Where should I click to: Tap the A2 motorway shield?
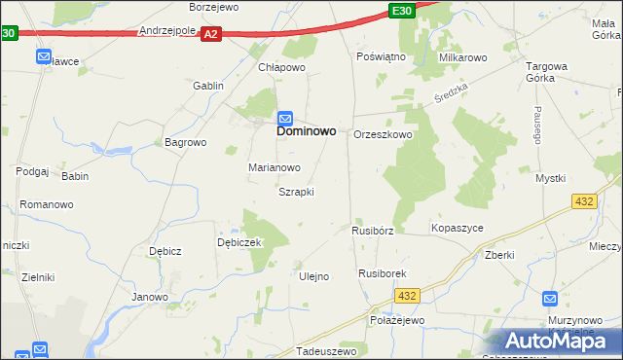click(x=213, y=34)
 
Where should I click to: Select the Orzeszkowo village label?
click(x=384, y=135)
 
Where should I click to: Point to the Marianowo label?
click(x=274, y=167)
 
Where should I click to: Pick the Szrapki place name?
click(x=296, y=192)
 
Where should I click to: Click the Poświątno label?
click(x=381, y=57)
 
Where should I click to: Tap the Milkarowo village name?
click(x=462, y=58)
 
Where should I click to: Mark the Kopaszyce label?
click(x=457, y=228)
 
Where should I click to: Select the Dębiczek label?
click(x=239, y=242)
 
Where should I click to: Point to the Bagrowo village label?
click(x=186, y=142)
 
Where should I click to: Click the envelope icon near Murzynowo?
click(x=550, y=300)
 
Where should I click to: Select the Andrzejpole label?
click(x=167, y=30)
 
